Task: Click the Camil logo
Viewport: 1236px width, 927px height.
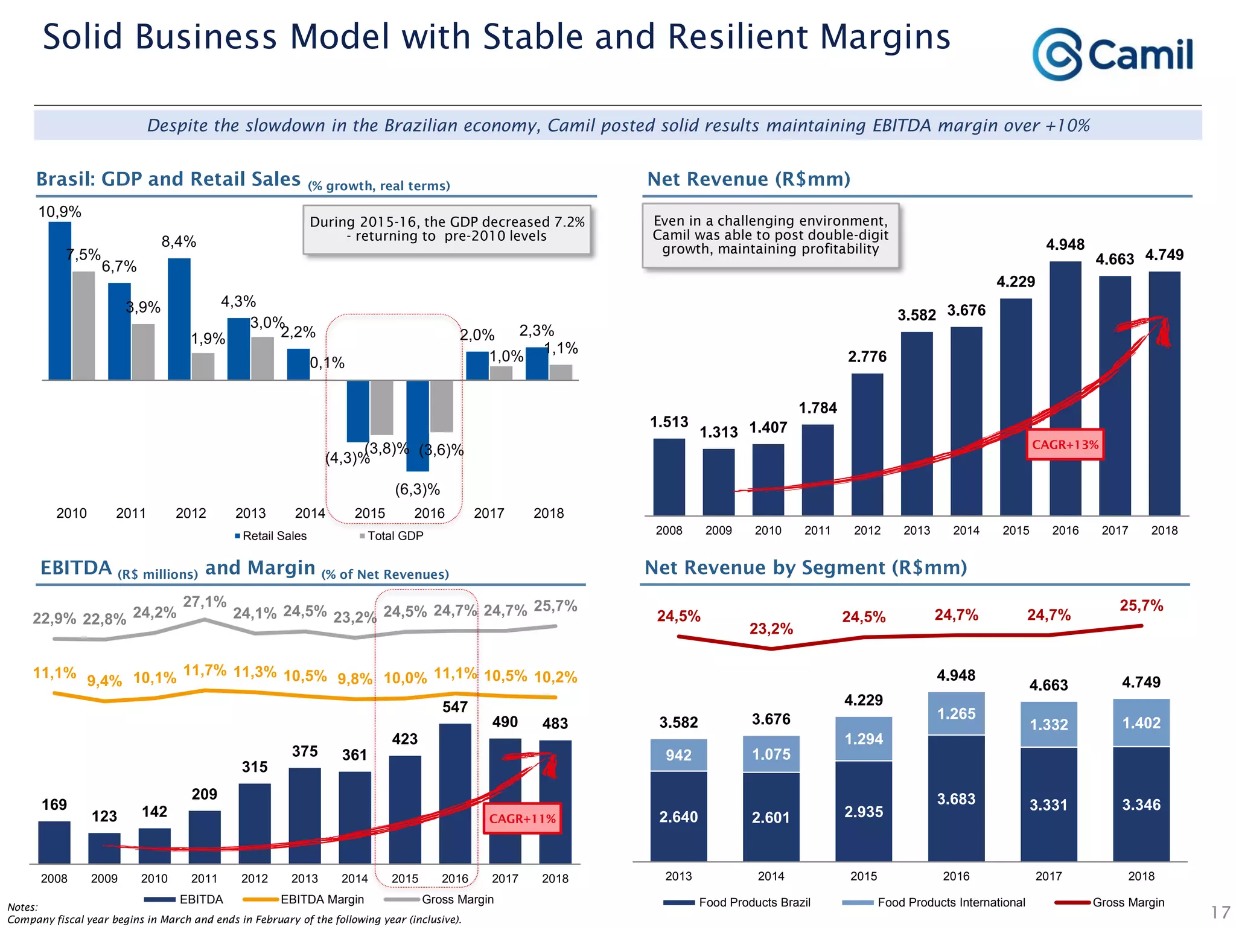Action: point(1112,54)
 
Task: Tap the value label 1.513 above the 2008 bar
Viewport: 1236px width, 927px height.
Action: point(669,422)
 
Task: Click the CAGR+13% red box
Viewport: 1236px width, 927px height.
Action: point(1065,445)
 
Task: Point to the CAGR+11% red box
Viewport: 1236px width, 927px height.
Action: point(522,818)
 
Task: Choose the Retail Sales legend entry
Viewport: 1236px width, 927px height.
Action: point(271,536)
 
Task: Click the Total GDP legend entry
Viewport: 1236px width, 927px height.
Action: point(392,536)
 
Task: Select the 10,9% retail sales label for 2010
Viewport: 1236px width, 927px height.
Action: point(60,212)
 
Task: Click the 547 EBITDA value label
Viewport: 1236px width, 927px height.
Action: point(454,707)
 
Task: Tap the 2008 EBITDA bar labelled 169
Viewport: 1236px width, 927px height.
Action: point(54,842)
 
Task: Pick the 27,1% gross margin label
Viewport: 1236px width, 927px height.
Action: point(205,602)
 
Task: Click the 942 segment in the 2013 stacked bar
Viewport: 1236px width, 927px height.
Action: point(678,755)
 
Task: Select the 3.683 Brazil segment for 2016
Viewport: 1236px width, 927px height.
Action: point(956,798)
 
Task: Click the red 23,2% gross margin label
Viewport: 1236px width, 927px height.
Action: point(771,629)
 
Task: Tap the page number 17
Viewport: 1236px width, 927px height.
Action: point(1220,912)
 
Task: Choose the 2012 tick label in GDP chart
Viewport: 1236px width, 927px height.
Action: point(191,513)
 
